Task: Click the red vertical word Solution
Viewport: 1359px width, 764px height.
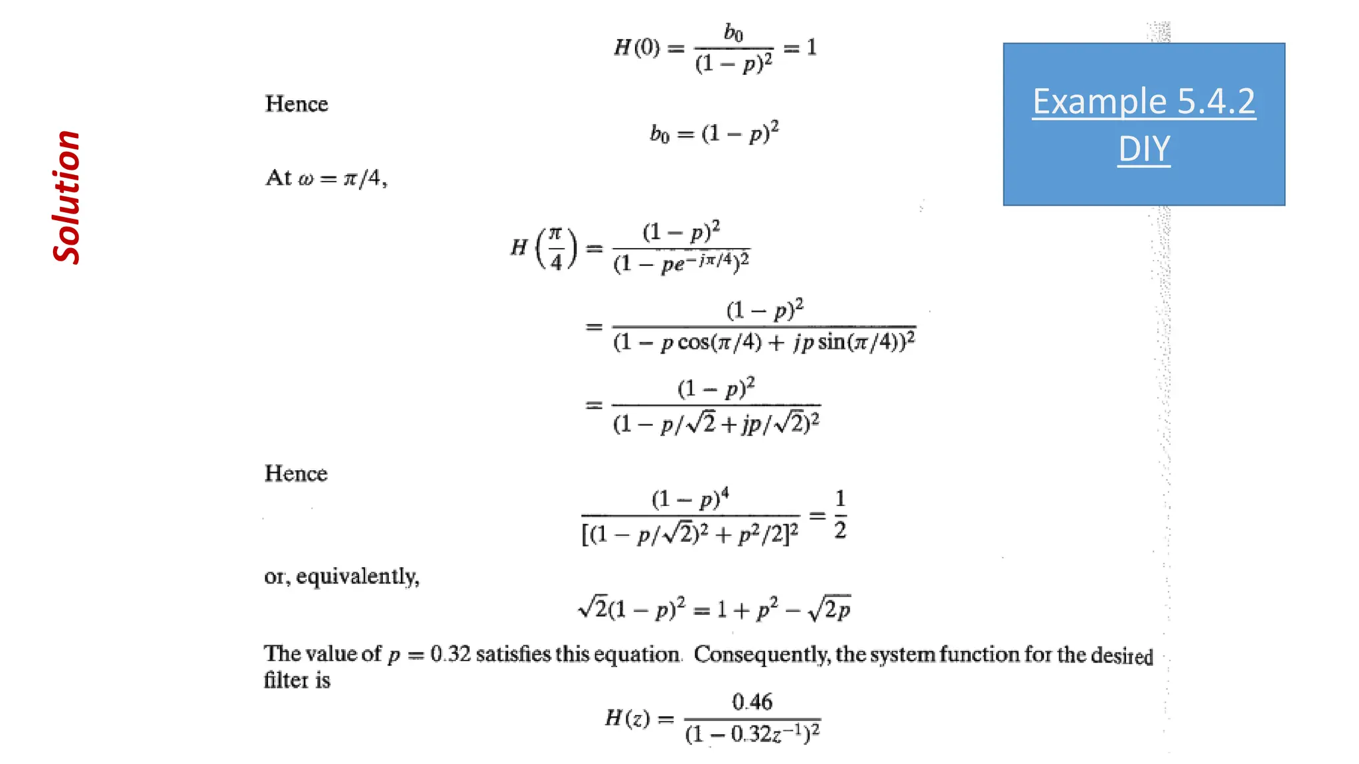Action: (66, 198)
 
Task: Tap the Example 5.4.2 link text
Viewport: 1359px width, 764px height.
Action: (1143, 101)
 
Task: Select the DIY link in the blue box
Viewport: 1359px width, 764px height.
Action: (1143, 149)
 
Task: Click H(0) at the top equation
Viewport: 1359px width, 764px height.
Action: (636, 48)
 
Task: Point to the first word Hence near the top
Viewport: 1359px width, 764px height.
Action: (297, 104)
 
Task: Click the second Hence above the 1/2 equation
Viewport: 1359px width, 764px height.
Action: (296, 474)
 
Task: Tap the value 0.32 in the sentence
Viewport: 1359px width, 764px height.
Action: (451, 654)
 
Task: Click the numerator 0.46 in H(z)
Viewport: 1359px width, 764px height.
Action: (752, 702)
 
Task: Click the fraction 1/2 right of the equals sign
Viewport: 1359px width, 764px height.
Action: (840, 515)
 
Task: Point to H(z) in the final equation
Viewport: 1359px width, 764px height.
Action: (627, 718)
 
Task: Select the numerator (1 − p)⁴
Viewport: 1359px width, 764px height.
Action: (690, 498)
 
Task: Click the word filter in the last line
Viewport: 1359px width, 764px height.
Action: (286, 680)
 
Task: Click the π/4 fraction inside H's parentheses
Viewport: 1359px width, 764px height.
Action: (555, 248)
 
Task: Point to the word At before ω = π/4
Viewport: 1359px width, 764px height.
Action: (278, 178)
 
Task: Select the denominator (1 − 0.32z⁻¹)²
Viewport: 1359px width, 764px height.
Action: (752, 734)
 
